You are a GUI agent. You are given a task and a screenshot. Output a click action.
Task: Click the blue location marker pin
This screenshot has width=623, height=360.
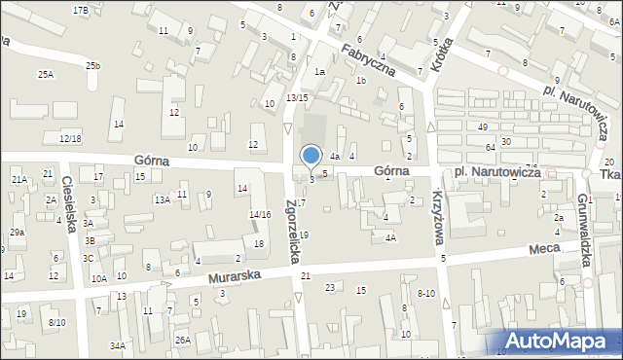pos(311,157)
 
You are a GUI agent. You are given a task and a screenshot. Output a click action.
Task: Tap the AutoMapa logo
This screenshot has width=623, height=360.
pos(560,342)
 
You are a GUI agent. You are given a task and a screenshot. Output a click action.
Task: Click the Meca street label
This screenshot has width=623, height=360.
pos(543,250)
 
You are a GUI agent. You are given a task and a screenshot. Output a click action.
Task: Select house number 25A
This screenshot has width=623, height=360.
pos(45,75)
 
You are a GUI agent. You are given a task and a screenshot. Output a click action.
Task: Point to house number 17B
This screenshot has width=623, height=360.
pos(80,10)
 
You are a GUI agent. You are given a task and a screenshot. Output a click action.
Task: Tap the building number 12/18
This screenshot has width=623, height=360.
pos(69,139)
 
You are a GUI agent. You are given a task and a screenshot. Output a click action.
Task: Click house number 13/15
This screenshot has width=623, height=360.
pos(297,97)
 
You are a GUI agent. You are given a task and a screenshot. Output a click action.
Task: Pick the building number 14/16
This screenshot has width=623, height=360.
pos(259,214)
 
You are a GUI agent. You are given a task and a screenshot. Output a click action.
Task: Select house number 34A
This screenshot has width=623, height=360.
pos(118,345)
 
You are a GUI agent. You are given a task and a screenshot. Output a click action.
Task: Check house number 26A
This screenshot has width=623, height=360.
pos(182,340)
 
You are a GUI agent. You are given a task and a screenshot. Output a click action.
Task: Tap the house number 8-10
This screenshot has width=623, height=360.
pos(425,293)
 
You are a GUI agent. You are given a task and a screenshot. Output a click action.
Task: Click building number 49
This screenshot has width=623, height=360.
pos(482,127)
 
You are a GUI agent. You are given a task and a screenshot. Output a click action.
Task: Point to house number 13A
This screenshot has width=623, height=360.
pos(163,199)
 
